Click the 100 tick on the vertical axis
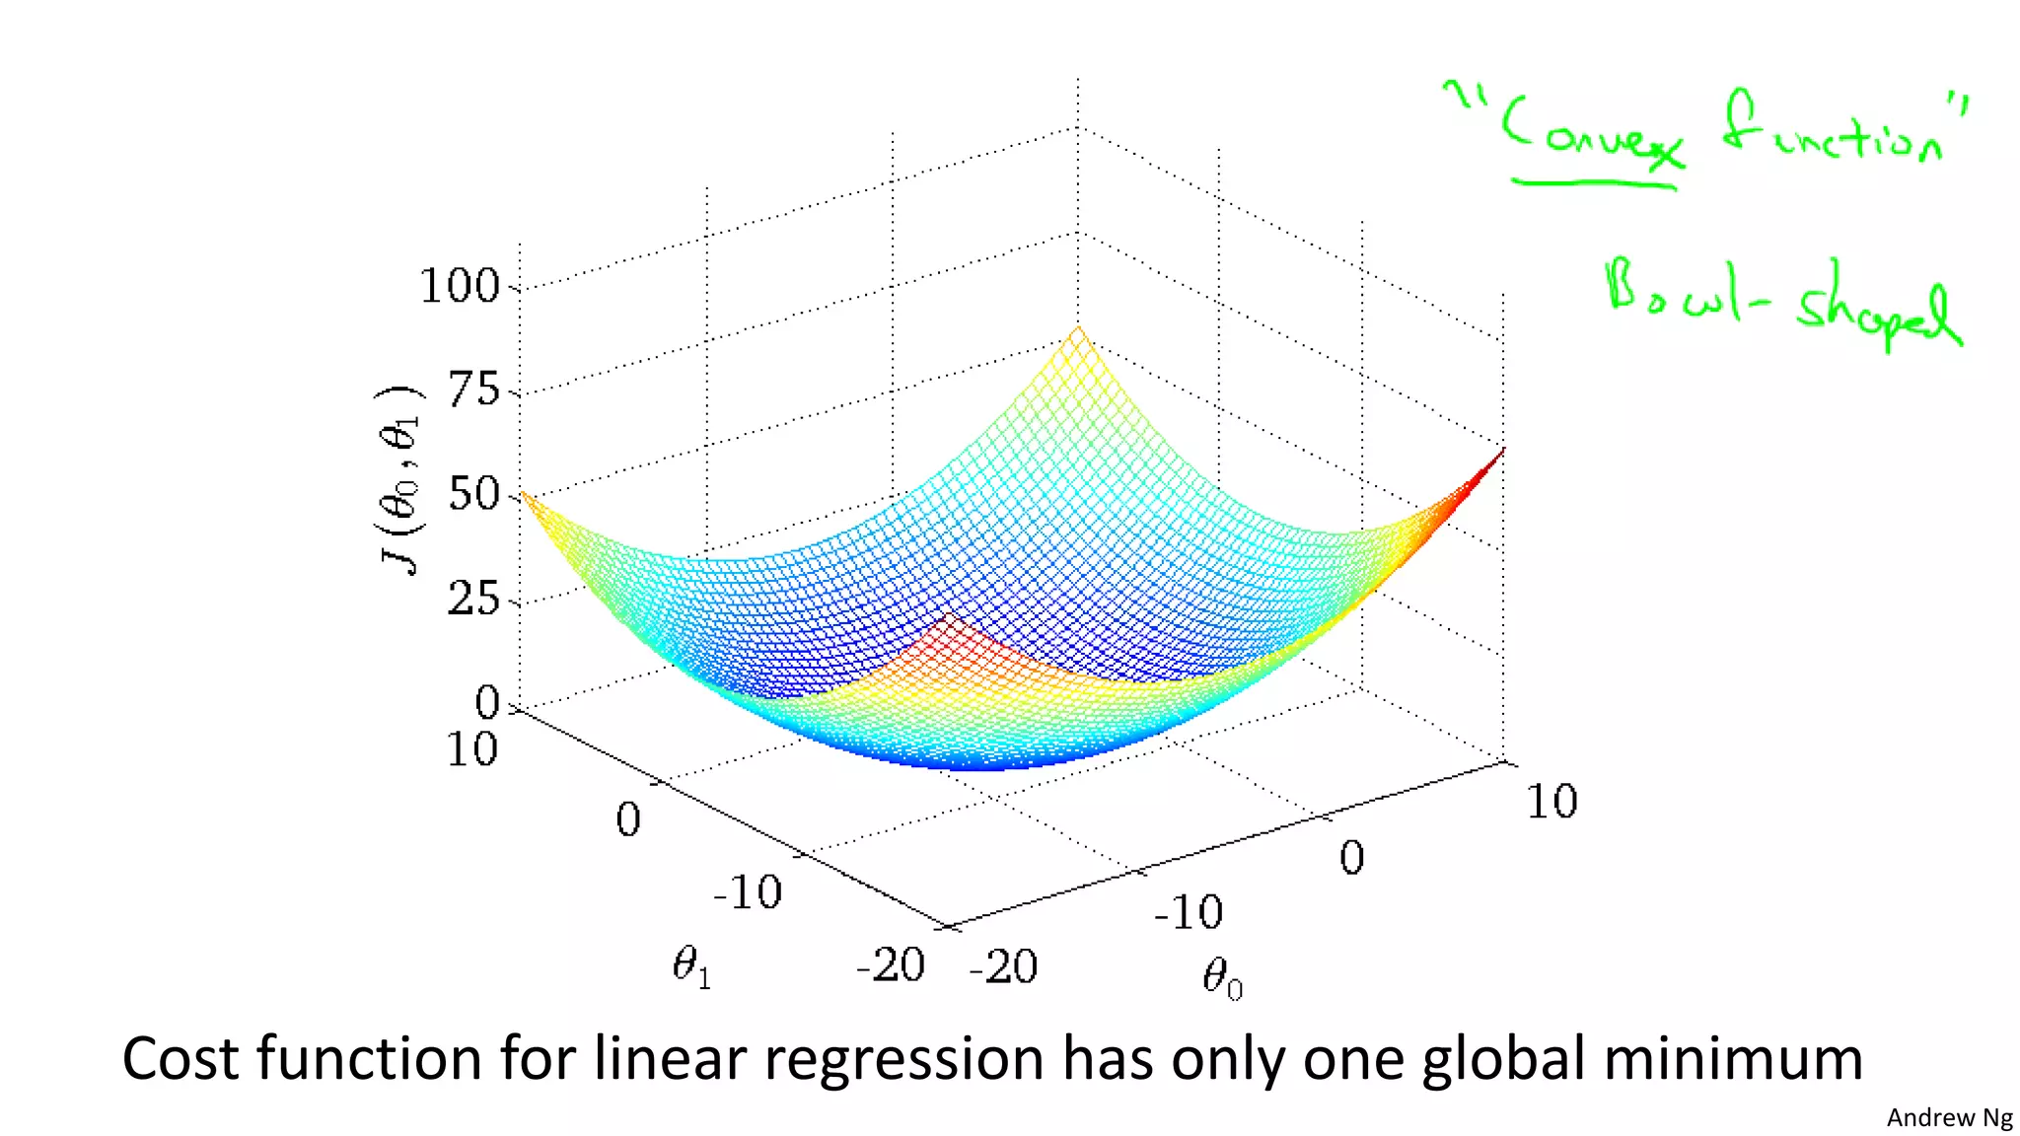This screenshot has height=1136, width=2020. pos(460,286)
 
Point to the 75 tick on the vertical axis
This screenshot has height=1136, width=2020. pos(474,390)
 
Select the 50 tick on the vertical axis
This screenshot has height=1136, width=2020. pos(474,494)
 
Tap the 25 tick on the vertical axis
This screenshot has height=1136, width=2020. pos(474,599)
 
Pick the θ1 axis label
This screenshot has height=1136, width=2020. pos(691,966)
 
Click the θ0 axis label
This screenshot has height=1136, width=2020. pos(1222,979)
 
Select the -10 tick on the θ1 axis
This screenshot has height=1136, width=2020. pos(747,892)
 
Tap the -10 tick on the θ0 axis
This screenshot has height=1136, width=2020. pos(1189,912)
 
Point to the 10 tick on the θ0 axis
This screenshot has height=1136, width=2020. pos(1551,801)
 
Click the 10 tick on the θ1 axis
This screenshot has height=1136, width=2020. pos(471,749)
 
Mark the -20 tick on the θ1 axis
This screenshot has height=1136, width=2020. pos(890,964)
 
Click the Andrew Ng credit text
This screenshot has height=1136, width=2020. pos(1949,1117)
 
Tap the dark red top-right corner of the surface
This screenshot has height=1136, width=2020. pos(1495,460)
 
